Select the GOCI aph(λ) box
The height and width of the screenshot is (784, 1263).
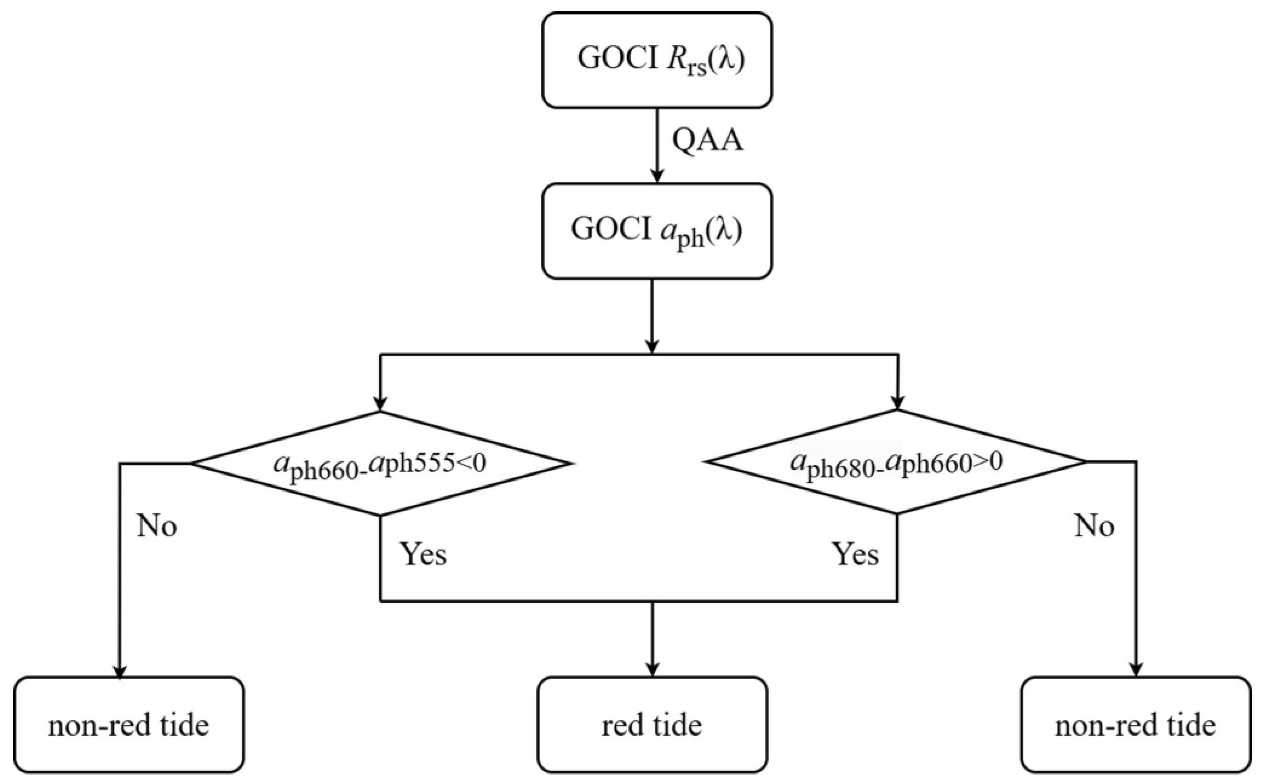(657, 231)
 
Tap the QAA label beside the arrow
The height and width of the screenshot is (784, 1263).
(708, 140)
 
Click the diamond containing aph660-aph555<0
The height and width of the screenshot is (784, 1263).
(380, 463)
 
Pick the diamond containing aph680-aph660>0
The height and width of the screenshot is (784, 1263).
(897, 461)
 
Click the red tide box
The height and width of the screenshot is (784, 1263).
(652, 725)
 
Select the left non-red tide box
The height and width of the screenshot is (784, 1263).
(129, 725)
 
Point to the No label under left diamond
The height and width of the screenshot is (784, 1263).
(157, 526)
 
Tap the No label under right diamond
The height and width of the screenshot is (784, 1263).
(1094, 526)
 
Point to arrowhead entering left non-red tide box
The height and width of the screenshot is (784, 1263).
(120, 670)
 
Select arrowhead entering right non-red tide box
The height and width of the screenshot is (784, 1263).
(1136, 670)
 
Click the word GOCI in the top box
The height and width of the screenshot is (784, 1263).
(617, 58)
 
